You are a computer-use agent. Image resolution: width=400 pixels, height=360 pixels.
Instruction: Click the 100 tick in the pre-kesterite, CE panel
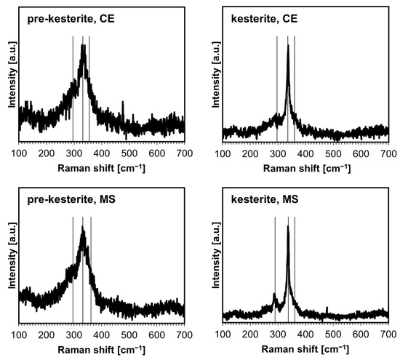[19, 153]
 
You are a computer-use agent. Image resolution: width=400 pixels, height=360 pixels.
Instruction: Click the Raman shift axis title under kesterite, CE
[305, 168]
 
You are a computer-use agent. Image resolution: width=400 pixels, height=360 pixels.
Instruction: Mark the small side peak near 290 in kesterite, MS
[274, 295]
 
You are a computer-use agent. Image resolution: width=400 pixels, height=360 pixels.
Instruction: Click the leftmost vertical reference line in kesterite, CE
[277, 87]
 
